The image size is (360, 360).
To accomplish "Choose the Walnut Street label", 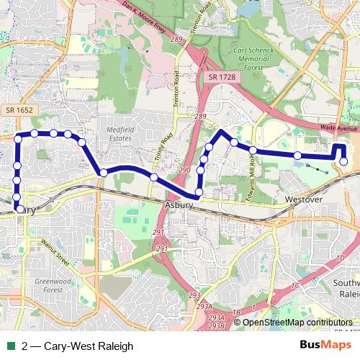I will pyautogui.click(x=53, y=248).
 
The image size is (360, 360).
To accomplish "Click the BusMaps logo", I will pyautogui.click(x=325, y=344).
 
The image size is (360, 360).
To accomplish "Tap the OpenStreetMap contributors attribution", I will pyautogui.click(x=297, y=323).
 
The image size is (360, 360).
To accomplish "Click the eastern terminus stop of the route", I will pyautogui.click(x=344, y=161).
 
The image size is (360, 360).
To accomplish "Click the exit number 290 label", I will pyautogui.click(x=184, y=170).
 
